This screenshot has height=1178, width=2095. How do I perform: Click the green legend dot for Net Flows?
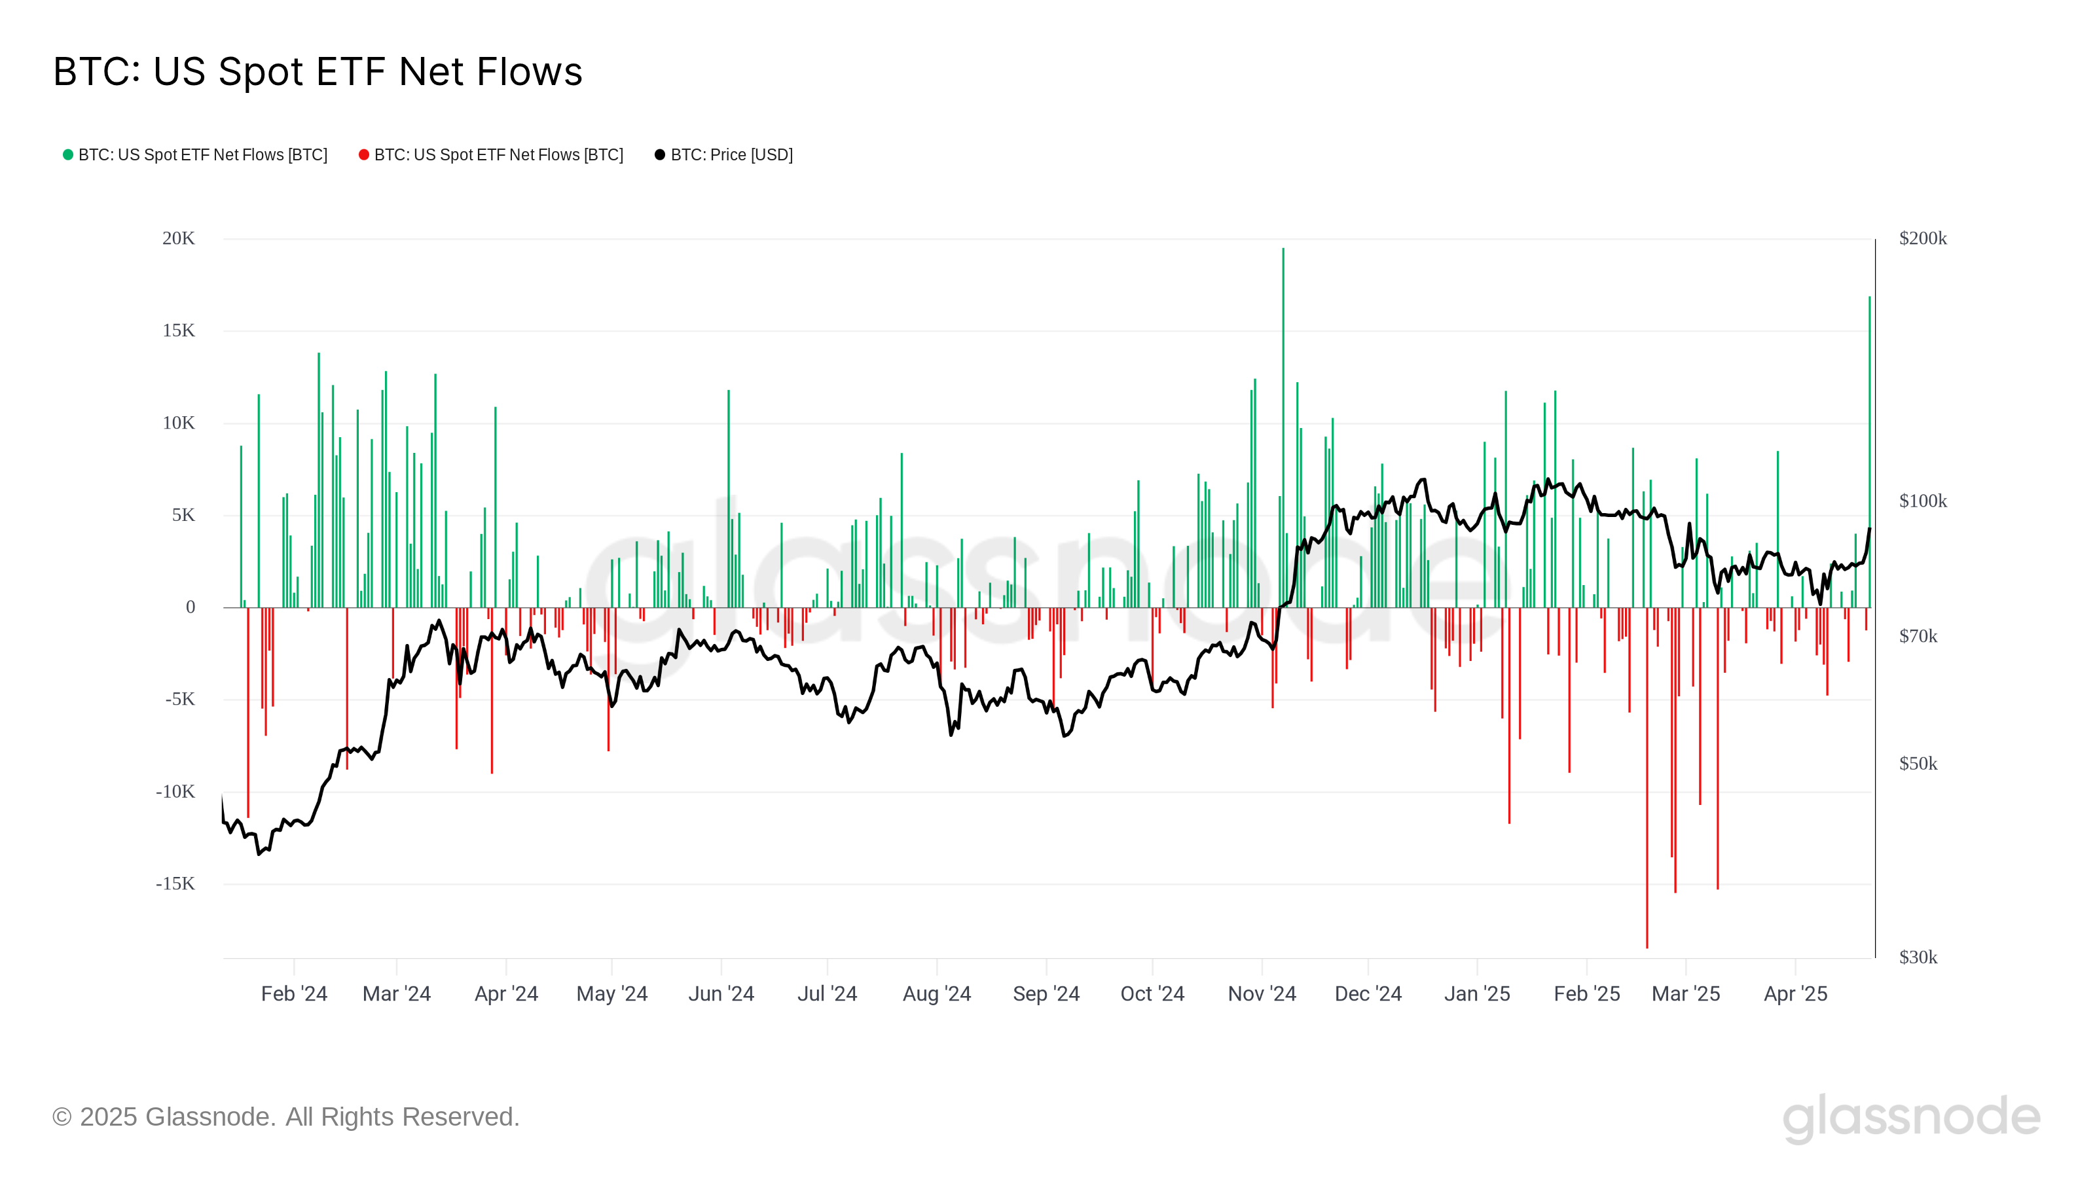(68, 154)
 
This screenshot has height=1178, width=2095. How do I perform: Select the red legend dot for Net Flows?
(363, 154)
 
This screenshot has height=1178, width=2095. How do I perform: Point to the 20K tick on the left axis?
(178, 238)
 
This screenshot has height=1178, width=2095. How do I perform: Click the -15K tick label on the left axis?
(175, 884)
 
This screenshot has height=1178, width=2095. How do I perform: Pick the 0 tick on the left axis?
(191, 607)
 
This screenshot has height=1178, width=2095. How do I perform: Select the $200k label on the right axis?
(1923, 238)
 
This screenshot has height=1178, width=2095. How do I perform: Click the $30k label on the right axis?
(1918, 957)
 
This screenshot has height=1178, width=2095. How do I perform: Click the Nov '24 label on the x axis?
(1262, 993)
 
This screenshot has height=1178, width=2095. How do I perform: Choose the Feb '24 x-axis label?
(293, 993)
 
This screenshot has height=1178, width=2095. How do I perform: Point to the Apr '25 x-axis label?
(1795, 993)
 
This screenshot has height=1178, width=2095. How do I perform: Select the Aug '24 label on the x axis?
(936, 993)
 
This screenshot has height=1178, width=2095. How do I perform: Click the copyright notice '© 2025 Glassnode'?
(285, 1117)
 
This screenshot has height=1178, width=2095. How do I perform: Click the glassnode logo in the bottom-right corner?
(1911, 1118)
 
